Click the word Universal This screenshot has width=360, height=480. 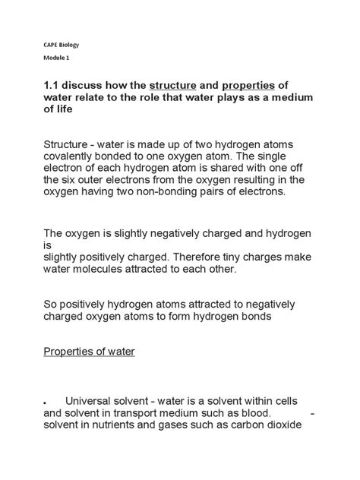(93, 400)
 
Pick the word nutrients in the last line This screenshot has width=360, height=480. (125, 425)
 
